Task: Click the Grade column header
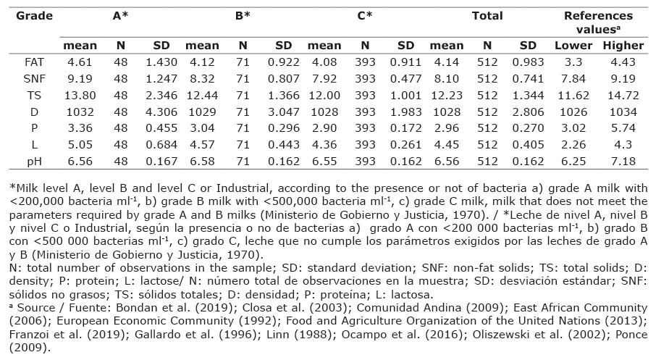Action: click(35, 14)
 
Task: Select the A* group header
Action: click(121, 14)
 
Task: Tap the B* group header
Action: click(243, 14)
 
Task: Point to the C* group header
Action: click(366, 14)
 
